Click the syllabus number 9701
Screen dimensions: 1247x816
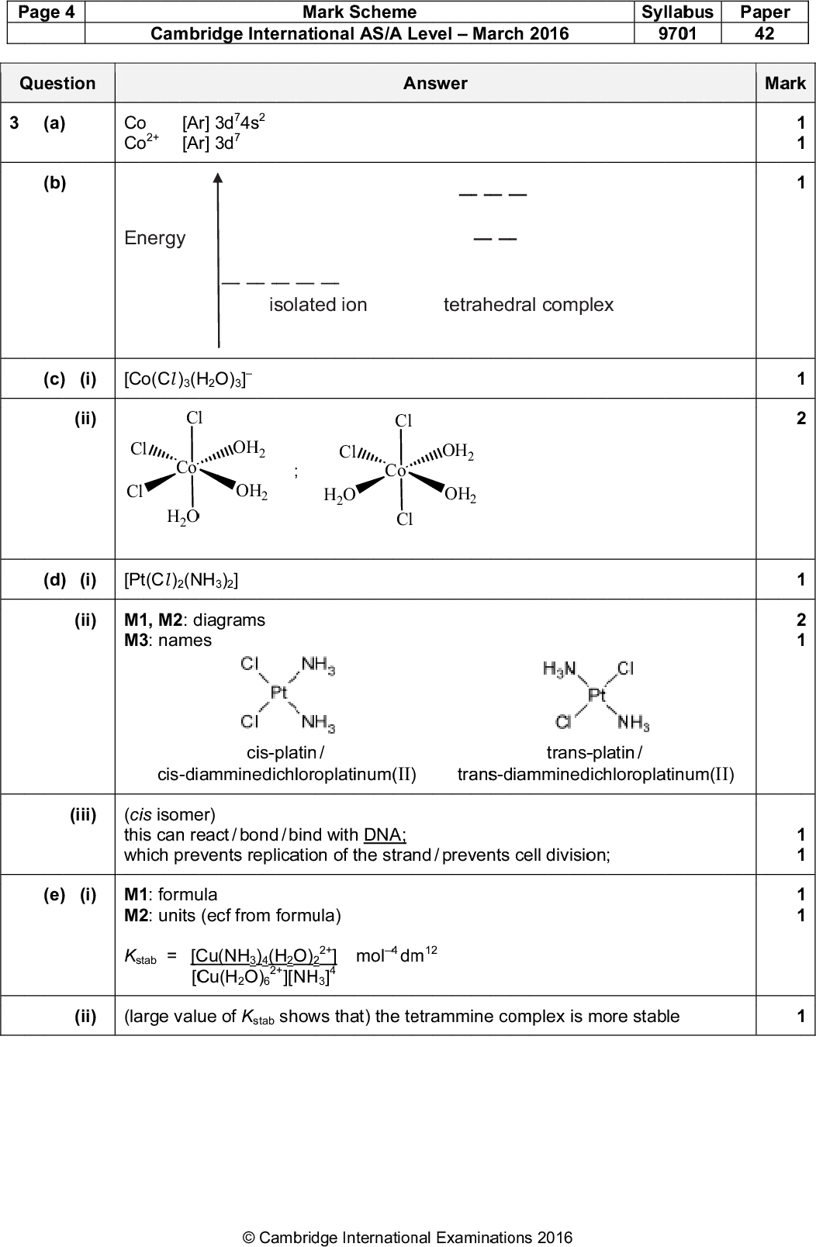click(x=677, y=33)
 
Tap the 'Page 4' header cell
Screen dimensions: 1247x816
click(x=43, y=12)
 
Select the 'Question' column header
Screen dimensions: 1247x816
click(x=57, y=84)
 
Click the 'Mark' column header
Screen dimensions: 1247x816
click(x=785, y=84)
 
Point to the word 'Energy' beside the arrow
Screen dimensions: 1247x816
click(x=155, y=238)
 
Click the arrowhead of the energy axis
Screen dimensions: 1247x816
click(x=219, y=179)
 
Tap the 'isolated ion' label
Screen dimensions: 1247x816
click(x=318, y=305)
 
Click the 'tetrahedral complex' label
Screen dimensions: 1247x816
click(x=528, y=305)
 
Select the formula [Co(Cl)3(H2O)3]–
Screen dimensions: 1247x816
click(x=188, y=379)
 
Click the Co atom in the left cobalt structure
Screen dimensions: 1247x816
click(x=186, y=468)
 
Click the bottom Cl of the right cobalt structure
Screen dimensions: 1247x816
click(x=404, y=520)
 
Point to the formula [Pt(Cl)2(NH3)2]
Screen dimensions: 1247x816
click(x=181, y=580)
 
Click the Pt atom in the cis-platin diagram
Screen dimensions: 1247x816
click(x=278, y=693)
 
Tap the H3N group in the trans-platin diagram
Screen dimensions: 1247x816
click(x=558, y=668)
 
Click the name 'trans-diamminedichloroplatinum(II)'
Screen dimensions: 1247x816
click(x=595, y=774)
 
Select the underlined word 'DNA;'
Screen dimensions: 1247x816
click(x=385, y=834)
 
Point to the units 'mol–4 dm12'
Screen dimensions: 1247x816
click(x=396, y=955)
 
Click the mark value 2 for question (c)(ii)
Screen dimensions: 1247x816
click(x=801, y=420)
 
